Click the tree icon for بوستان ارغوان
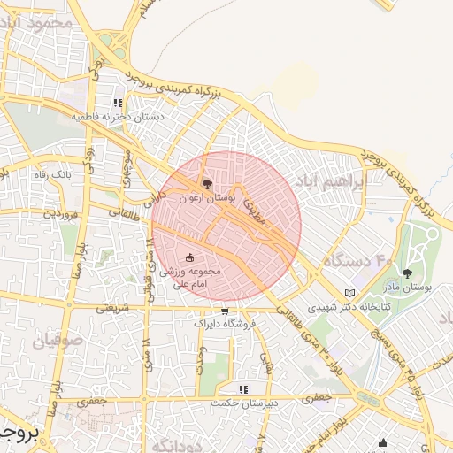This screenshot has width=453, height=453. (x=207, y=184)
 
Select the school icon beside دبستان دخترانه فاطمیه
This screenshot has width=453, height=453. (x=118, y=103)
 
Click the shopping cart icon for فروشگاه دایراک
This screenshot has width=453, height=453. (x=225, y=311)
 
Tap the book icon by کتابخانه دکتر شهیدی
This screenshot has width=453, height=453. (x=350, y=293)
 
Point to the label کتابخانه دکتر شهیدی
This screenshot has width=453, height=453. (x=343, y=308)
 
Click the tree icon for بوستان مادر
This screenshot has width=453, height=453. (x=408, y=273)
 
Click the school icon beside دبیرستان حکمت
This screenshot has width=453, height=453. (x=243, y=388)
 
